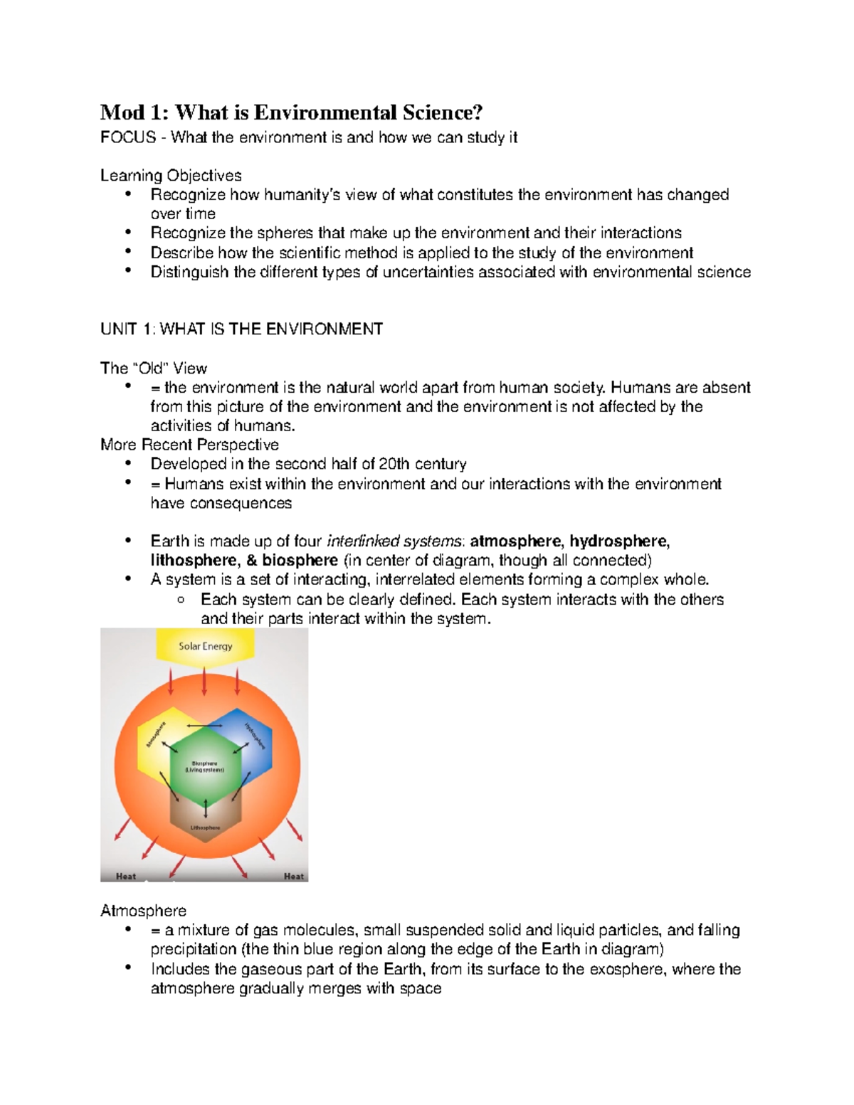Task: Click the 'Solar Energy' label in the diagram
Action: coord(205,646)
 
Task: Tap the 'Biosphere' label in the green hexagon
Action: coord(205,763)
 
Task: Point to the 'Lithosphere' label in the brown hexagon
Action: coord(205,828)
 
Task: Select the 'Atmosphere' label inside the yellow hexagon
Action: coord(156,735)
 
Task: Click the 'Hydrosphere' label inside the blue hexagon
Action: coord(255,736)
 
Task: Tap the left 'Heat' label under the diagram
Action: coord(126,876)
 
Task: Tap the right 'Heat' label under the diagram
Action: coord(293,876)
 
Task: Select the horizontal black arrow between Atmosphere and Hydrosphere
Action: coord(205,726)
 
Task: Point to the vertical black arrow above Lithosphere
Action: coord(206,808)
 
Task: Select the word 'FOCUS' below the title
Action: coord(128,137)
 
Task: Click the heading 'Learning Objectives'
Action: coord(171,176)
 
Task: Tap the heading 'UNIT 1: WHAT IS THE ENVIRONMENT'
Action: coord(241,329)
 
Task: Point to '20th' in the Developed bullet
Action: coord(394,464)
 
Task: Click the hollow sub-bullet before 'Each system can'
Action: coord(181,600)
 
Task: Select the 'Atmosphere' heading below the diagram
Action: coord(143,911)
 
